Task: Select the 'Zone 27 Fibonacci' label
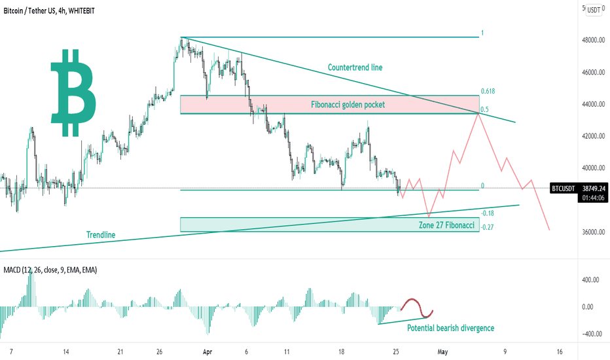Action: click(x=446, y=225)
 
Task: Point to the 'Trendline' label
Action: click(x=101, y=235)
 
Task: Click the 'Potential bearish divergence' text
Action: click(x=450, y=328)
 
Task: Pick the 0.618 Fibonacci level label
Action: click(x=486, y=91)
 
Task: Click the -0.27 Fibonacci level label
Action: click(x=487, y=228)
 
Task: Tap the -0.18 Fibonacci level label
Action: click(x=487, y=213)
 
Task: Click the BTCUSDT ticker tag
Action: click(x=564, y=188)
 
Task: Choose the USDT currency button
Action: click(x=594, y=10)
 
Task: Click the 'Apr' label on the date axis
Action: click(x=207, y=351)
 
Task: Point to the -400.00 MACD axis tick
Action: click(x=590, y=334)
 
